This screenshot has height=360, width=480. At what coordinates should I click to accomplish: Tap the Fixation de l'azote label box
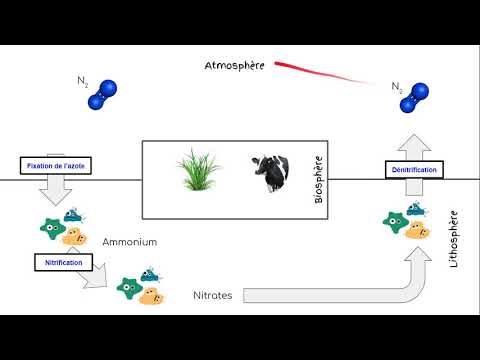pos(57,165)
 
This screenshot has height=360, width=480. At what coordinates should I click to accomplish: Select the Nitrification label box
pos(63,262)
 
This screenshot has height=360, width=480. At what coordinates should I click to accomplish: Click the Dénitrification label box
pos(413,171)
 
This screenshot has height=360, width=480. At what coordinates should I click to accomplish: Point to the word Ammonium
pos(129,242)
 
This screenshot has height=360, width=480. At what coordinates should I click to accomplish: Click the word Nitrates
pos(213,296)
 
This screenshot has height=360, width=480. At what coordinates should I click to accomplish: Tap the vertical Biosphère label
pos(319,180)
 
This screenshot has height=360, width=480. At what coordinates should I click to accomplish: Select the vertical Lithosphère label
pos(454,239)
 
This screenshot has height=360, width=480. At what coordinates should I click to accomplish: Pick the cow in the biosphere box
pos(267,175)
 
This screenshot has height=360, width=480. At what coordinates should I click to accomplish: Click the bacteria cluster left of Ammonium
pos(63,229)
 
